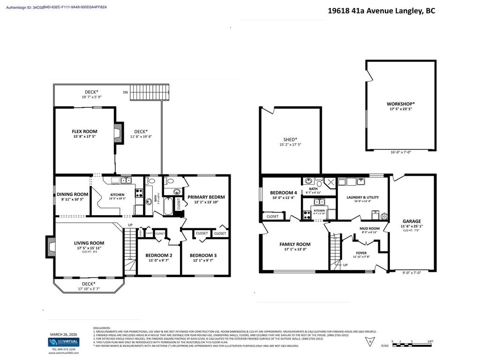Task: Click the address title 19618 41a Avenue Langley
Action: point(381,11)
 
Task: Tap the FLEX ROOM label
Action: point(84,132)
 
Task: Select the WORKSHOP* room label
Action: point(400,104)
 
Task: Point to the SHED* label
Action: point(291,139)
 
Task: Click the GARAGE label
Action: point(412,221)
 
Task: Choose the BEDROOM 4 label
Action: point(283,193)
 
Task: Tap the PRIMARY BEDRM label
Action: point(206,197)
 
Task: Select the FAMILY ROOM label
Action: point(295,244)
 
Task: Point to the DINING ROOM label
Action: point(72,194)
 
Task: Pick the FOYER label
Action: point(361,253)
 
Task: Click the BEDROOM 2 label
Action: point(157,255)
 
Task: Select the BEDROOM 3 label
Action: point(203,255)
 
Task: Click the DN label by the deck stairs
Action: point(125,92)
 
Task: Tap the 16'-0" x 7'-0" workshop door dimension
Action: point(400,152)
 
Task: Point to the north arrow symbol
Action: point(370,339)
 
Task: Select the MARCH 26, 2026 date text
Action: point(63,334)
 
